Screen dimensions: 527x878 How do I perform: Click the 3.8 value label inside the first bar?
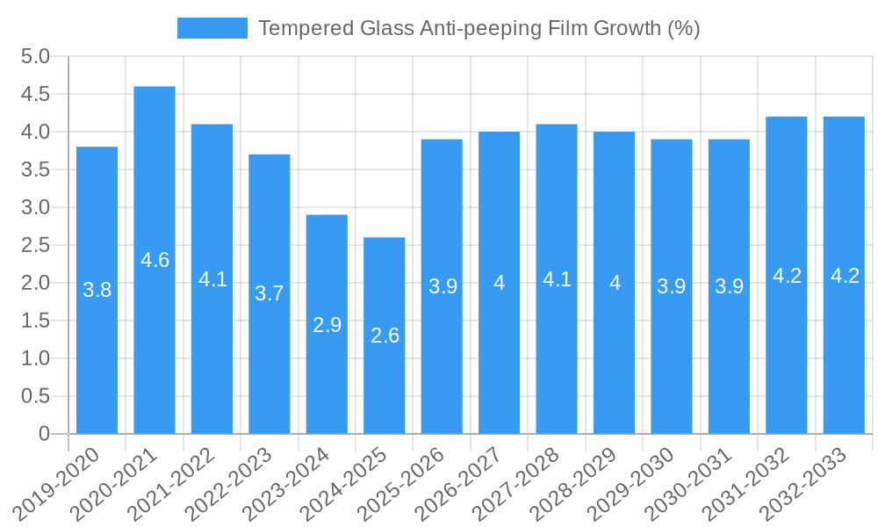97,290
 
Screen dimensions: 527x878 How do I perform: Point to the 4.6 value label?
155,260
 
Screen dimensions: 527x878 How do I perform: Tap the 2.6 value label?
385,336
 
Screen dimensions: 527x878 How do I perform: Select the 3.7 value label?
270,293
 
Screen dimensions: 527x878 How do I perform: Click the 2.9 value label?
327,325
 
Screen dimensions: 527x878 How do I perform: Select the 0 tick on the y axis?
44,434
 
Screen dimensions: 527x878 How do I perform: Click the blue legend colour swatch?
212,28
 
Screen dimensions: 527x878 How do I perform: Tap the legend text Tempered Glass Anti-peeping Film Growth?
479,28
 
